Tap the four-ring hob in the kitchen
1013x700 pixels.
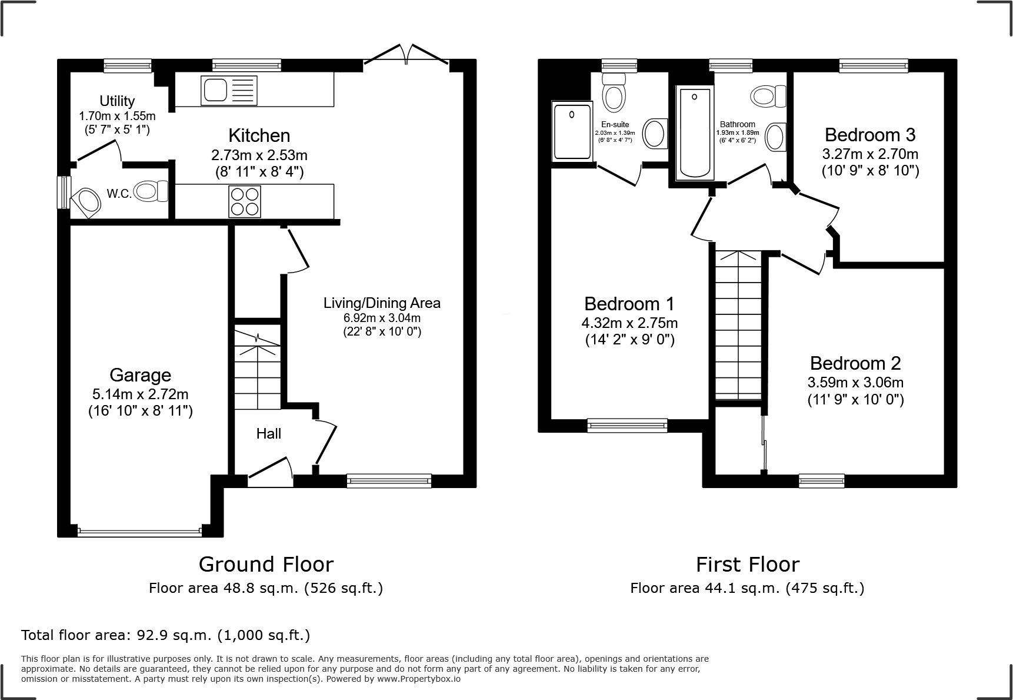(x=244, y=201)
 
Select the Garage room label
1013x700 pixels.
(x=140, y=375)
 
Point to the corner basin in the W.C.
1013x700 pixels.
(x=87, y=201)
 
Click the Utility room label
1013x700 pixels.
(x=116, y=101)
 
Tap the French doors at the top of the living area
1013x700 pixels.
(x=406, y=53)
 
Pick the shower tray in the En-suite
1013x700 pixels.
(x=572, y=131)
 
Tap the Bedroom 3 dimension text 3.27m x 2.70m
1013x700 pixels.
(x=869, y=154)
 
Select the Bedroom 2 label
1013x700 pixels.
(x=855, y=363)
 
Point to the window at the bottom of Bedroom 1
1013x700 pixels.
(x=627, y=425)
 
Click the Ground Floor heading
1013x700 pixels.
(x=266, y=564)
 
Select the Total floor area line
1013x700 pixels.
(x=165, y=635)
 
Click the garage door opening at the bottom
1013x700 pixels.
(x=139, y=532)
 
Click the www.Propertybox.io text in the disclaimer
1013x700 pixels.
(x=418, y=679)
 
